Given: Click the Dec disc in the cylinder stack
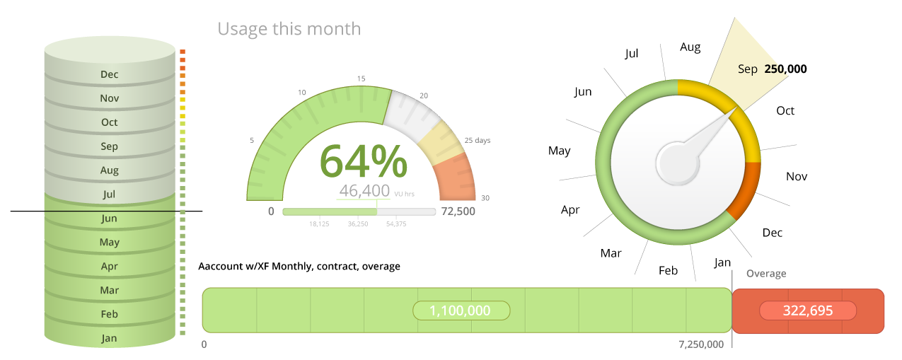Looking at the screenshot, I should (109, 74).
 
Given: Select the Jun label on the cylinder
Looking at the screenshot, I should (109, 219).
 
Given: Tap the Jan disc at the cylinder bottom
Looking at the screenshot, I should (109, 338).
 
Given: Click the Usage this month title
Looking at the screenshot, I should (289, 29).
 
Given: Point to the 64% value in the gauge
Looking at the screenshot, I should (364, 162).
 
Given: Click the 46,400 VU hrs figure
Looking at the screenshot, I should (365, 190).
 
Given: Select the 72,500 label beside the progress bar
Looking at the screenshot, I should (458, 211).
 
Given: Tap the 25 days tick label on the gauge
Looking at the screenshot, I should (477, 140).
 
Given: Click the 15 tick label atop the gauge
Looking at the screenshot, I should (361, 79).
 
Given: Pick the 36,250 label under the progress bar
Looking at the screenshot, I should (357, 224).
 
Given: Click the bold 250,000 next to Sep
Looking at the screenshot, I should (785, 69).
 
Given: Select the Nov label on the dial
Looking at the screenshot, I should (797, 176).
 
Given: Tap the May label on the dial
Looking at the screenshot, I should (559, 151).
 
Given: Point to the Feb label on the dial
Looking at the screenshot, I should (668, 270).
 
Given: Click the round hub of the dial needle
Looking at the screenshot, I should (677, 162).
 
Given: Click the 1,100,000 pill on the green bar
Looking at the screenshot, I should (461, 310).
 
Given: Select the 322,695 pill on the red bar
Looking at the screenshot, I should (807, 310).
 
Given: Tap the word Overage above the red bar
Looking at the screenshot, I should (766, 274).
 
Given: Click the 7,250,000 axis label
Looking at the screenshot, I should (700, 344).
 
